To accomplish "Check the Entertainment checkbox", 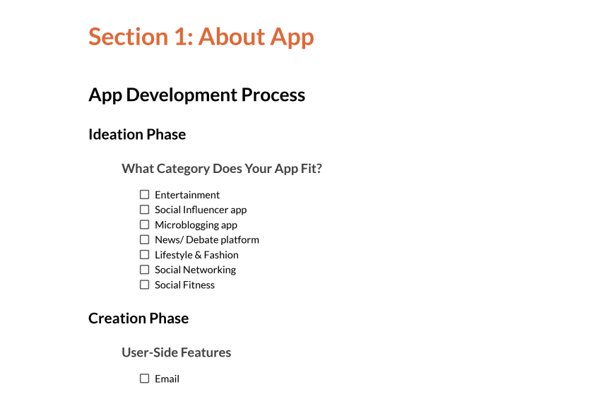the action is click(x=144, y=194).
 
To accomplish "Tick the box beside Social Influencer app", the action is click(x=144, y=210).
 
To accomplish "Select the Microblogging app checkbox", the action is click(x=144, y=225).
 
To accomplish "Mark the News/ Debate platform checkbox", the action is click(x=144, y=239).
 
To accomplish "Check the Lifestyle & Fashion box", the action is click(x=144, y=254).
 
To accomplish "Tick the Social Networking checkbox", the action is click(x=144, y=270).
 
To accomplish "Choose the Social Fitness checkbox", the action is click(x=144, y=285).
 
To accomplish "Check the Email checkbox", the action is click(x=144, y=378).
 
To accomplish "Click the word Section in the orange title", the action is click(x=129, y=37).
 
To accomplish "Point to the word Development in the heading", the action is click(x=182, y=95).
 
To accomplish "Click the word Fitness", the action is click(x=199, y=285).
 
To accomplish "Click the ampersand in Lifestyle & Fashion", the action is click(x=198, y=255).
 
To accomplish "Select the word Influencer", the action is click(x=205, y=210).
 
